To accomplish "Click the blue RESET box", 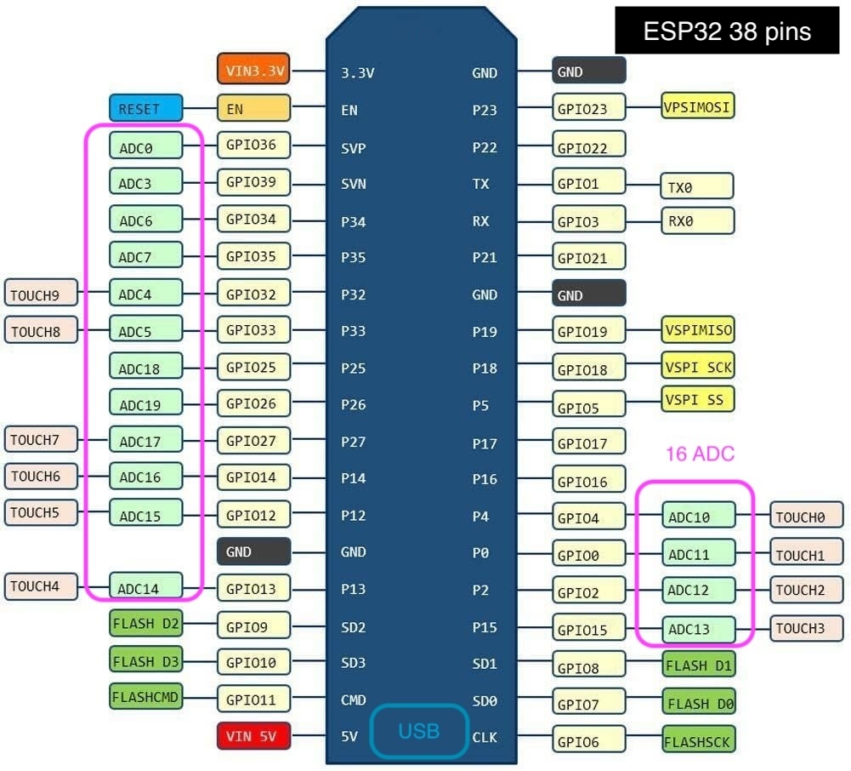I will [x=145, y=108].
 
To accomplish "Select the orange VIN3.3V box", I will [x=254, y=71].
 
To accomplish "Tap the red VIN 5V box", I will [x=254, y=735].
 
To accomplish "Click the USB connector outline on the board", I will [x=418, y=730].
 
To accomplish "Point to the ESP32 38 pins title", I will [x=727, y=32].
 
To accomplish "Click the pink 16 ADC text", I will [x=699, y=454].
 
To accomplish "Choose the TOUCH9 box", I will [x=40, y=294].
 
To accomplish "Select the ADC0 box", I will [x=145, y=146].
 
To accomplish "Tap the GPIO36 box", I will [x=253, y=145].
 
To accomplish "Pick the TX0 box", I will [x=696, y=186].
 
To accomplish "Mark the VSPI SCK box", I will [x=697, y=366].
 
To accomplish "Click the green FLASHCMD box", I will [x=145, y=697].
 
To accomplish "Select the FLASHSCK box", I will [x=697, y=739].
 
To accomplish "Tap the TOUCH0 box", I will [x=805, y=516].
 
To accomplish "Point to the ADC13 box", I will [x=697, y=629].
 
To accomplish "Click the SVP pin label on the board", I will [x=354, y=147].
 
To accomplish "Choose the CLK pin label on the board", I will [x=484, y=737].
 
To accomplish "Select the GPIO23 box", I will [x=588, y=108].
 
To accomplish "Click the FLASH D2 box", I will [x=145, y=624].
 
